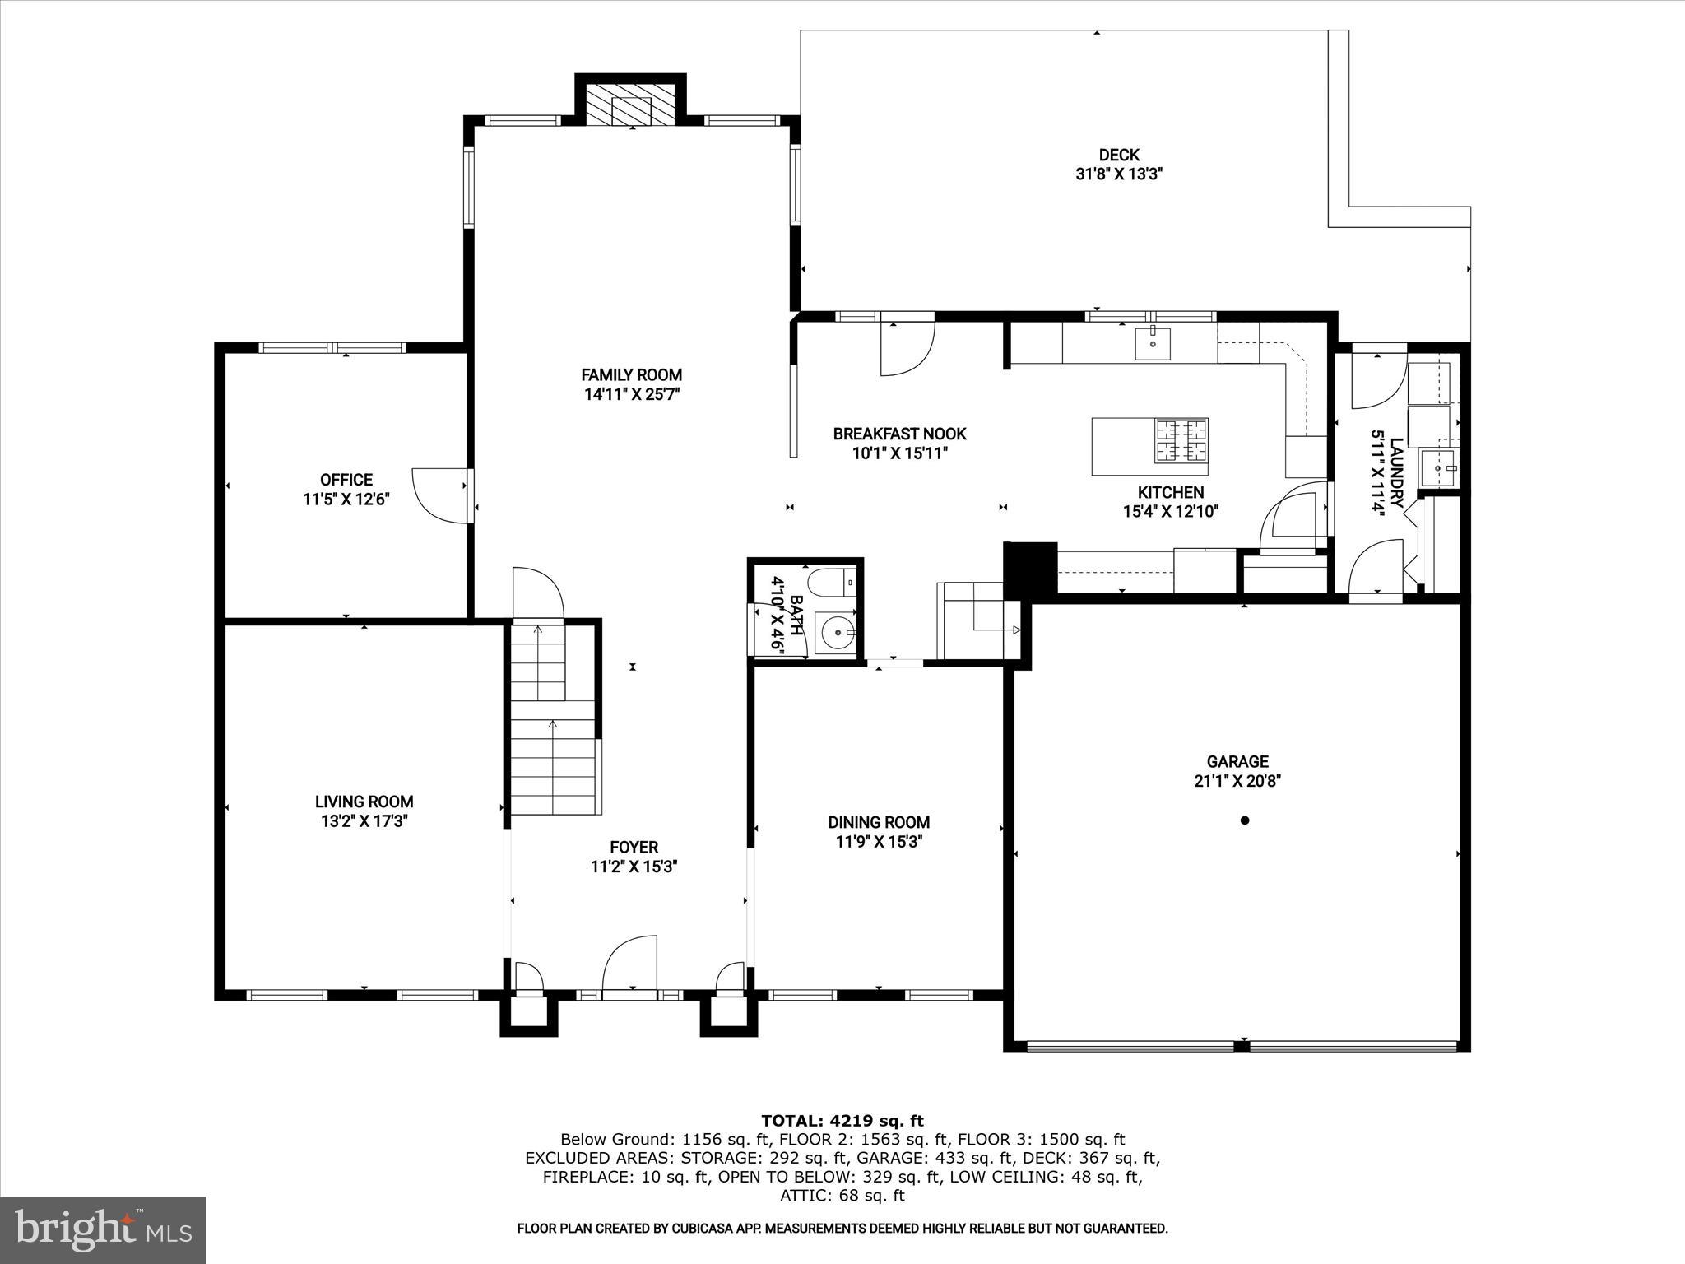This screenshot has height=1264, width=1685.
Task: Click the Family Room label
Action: click(x=631, y=375)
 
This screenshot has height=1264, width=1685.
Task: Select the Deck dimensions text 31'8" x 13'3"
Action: click(x=1118, y=174)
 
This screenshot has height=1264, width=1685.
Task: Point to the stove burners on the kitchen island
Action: click(x=1181, y=440)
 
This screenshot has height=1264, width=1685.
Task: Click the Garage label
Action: click(x=1237, y=762)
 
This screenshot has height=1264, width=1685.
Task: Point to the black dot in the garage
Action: click(x=1245, y=820)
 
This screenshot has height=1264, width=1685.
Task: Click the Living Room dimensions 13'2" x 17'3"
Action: click(x=364, y=821)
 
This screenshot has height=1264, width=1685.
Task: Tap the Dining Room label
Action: click(x=879, y=822)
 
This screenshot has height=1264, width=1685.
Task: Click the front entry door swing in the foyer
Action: click(x=629, y=964)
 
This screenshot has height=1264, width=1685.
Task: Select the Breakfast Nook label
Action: click(x=899, y=434)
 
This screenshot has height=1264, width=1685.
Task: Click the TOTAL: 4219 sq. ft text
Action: click(x=842, y=1121)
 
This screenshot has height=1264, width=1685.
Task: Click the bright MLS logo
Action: click(x=103, y=1229)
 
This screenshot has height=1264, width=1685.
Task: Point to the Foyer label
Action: click(x=634, y=847)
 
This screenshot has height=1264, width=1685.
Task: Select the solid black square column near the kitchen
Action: click(x=1030, y=567)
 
